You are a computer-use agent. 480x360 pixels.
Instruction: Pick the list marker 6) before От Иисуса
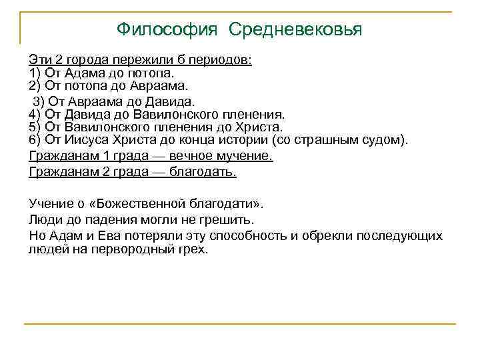(x=35, y=139)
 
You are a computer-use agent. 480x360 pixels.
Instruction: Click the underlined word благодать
(x=204, y=172)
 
